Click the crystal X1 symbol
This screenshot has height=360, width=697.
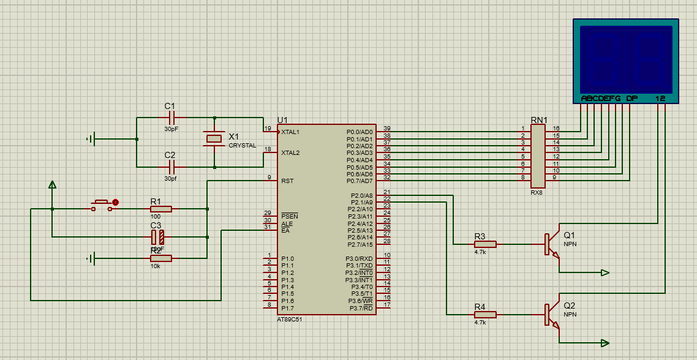214,139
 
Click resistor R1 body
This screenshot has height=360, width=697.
161,209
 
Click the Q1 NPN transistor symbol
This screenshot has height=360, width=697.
552,244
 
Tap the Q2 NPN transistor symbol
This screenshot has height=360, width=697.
552,314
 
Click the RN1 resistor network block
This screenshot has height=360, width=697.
538,157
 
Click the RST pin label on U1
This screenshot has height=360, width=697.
287,181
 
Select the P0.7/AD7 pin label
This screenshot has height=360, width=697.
359,181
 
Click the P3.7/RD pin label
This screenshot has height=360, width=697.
361,308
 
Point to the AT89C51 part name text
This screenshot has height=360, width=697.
289,320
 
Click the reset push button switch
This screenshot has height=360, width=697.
102,203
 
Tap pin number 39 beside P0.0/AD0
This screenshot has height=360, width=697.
386,129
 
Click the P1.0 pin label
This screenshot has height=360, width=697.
288,259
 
